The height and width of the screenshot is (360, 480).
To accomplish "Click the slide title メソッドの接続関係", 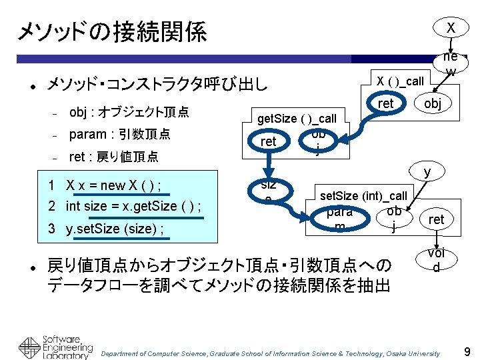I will tap(112, 31).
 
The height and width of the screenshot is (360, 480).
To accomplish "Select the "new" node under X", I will tap(451, 63).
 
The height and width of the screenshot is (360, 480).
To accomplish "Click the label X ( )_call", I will tap(400, 81).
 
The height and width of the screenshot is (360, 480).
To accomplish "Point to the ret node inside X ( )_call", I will tap(385, 104).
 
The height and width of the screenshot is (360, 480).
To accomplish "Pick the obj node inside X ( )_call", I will tap(433, 104).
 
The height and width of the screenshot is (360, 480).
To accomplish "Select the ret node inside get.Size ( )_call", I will tap(268, 141).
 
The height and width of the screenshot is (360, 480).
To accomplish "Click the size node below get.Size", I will tap(268, 190).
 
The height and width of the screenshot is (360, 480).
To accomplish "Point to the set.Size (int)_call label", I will tap(363, 196).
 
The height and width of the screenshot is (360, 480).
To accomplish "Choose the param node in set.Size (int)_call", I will tap(340, 219).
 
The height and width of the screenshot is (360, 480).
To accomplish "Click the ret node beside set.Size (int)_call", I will tap(436, 219).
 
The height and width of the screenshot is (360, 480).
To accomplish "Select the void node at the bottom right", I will tap(436, 261).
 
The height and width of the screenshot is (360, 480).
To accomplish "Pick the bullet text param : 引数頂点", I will tap(120, 134).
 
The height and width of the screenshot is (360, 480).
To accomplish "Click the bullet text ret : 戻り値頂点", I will tap(114, 157).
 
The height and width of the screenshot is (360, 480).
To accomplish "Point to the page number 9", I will tap(467, 351).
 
